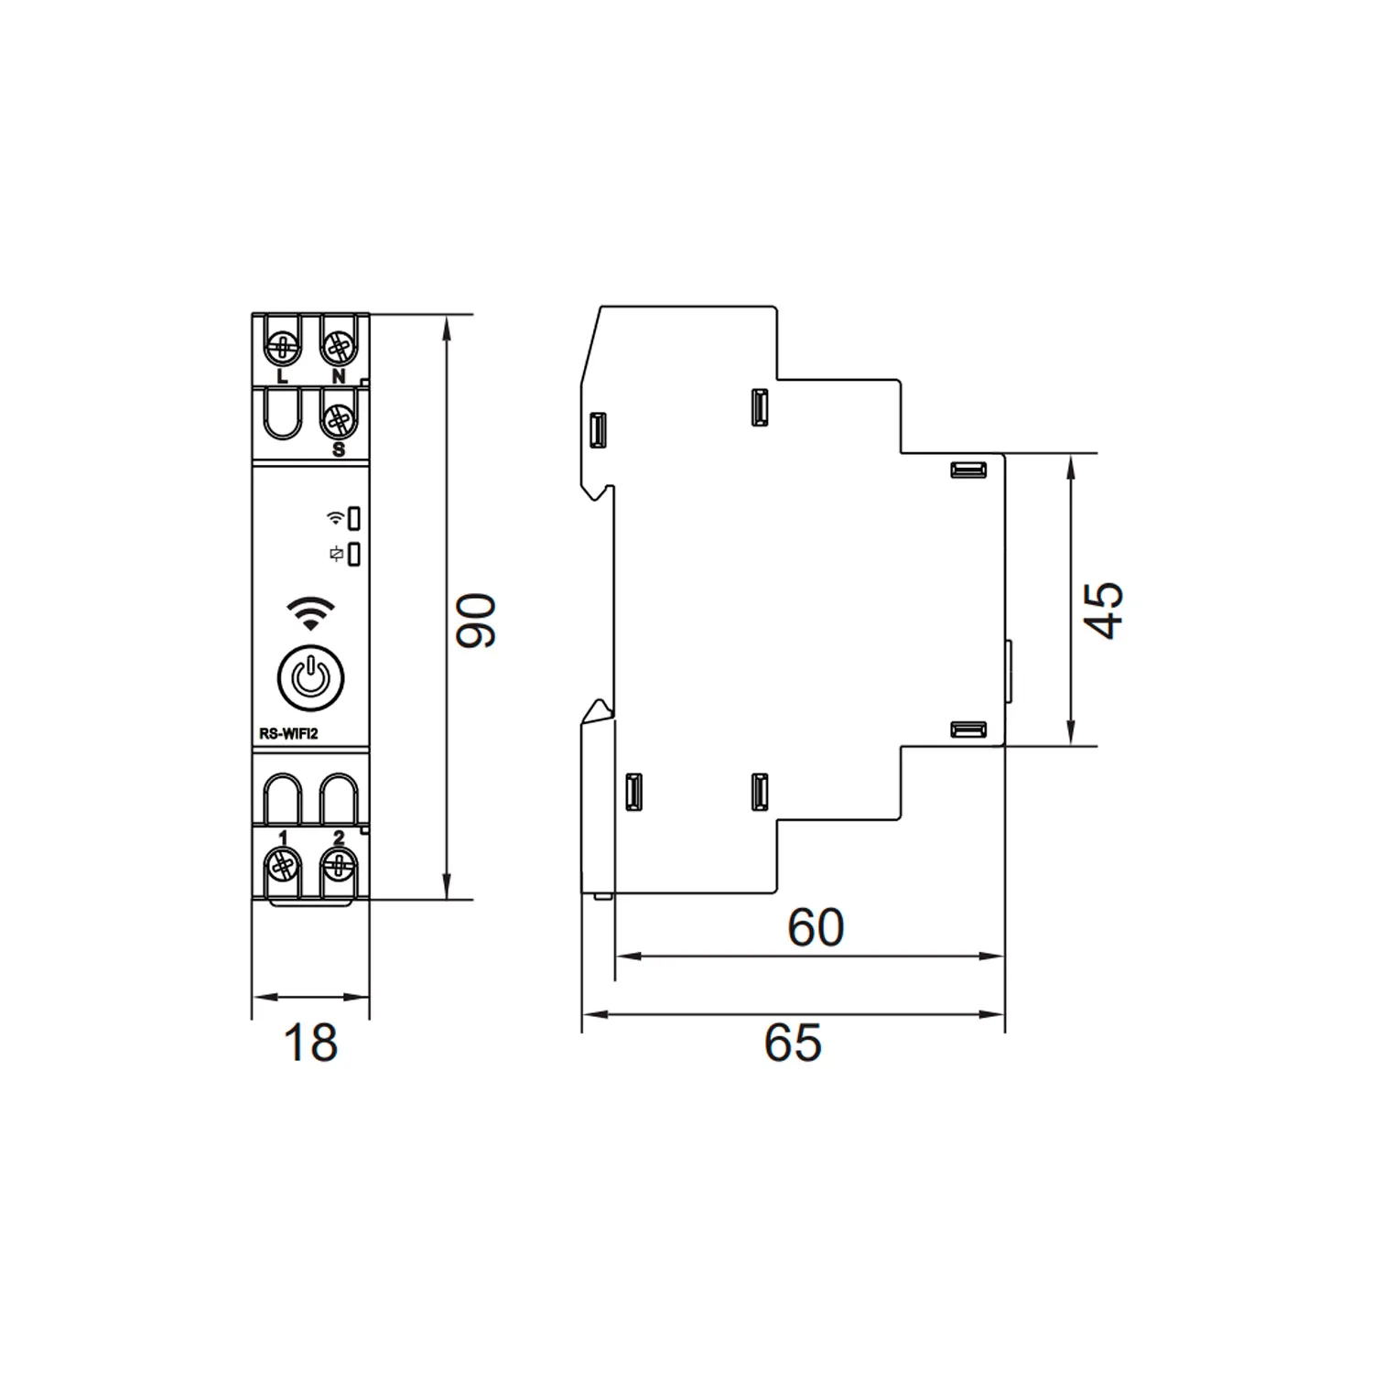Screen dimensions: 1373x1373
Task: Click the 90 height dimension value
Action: (x=477, y=622)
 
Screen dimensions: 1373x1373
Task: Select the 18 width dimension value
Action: (x=311, y=1043)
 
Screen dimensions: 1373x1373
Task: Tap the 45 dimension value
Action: (x=1104, y=610)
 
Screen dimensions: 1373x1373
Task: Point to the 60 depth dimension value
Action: (x=816, y=927)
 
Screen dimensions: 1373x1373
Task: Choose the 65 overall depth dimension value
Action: (x=793, y=1043)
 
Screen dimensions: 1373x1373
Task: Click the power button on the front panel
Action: (x=311, y=679)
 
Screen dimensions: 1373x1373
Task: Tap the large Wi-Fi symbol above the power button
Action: (x=311, y=612)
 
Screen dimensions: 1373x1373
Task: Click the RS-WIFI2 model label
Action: (x=287, y=733)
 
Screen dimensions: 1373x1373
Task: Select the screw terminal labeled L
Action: (x=282, y=347)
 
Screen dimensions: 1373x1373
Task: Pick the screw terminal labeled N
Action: (x=338, y=347)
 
